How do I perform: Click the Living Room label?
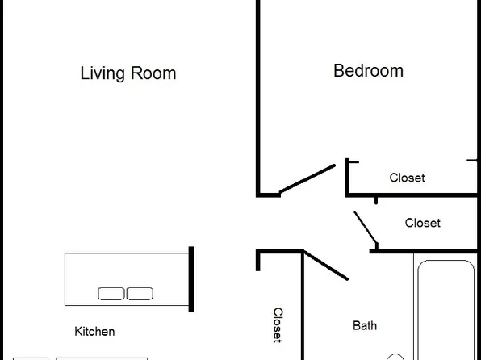128,73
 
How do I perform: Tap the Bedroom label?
368,71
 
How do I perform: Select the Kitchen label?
94,331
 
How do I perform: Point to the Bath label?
365,326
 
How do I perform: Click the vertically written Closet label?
277,325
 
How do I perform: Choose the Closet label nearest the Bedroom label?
407,178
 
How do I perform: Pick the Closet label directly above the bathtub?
423,223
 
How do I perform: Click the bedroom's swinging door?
307,179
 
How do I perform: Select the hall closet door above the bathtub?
366,228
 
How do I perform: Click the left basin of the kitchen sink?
111,294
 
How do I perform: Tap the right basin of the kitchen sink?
140,294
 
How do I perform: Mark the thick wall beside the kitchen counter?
191,279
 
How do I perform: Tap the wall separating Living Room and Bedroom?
258,97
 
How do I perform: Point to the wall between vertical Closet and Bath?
303,315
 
